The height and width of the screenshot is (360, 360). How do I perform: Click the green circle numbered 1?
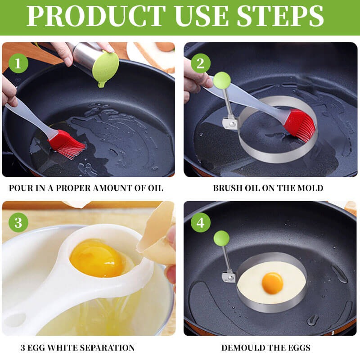[18, 63]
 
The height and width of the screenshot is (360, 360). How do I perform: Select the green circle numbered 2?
[200, 63]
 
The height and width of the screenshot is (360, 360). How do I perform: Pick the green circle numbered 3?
[18, 223]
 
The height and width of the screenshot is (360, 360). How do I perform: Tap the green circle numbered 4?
[200, 223]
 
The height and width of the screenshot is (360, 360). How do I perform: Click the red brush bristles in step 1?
[67, 144]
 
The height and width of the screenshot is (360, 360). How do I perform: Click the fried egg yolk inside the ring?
[272, 283]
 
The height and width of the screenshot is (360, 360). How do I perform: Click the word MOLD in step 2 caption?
[312, 188]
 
